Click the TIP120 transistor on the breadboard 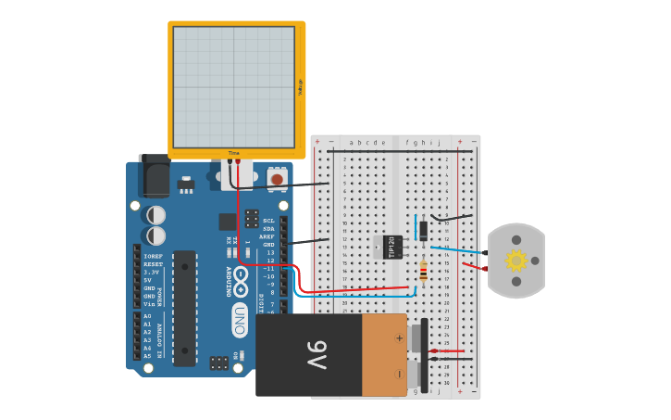tap(392, 247)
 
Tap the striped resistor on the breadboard tap(423, 271)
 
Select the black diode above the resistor tap(423, 230)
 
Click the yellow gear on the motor tap(516, 261)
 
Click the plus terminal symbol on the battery tap(399, 337)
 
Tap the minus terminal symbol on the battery tap(399, 375)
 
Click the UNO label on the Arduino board tap(240, 320)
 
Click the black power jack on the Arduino tap(154, 176)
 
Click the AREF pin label tap(267, 236)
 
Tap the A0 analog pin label tap(147, 315)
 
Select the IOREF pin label tap(153, 256)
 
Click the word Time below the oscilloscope tap(233, 153)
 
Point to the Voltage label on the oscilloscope tap(300, 87)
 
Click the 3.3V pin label tap(150, 272)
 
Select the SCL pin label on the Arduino tap(268, 221)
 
